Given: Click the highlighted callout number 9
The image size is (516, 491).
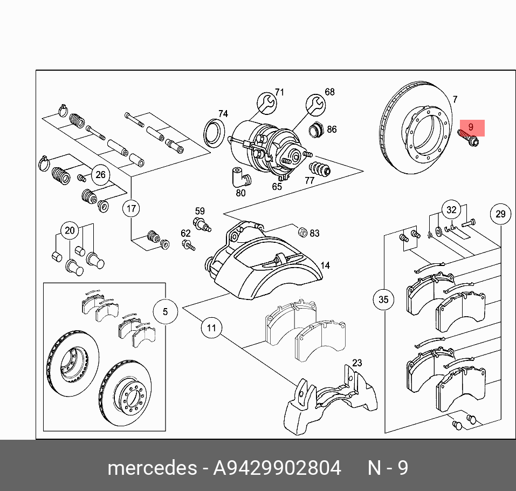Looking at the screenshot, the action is (471, 128).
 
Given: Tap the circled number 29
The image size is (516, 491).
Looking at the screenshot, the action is (500, 214).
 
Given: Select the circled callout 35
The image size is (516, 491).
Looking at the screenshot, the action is (383, 299).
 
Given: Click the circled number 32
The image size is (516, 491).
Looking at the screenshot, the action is (451, 209).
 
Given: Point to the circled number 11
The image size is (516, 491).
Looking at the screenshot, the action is (211, 328).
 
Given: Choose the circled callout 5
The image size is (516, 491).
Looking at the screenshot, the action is (165, 311).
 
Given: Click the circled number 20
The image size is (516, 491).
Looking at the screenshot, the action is (70, 231).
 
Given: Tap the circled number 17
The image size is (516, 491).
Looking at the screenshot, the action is (131, 208).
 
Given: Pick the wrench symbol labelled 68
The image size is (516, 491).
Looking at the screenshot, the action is (315, 103).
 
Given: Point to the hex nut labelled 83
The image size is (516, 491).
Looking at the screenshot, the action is (302, 233).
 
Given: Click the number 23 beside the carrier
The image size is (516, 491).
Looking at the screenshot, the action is (357, 363).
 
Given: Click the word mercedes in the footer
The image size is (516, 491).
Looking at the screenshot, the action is (152, 467).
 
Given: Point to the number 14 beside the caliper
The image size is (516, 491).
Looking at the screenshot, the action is (325, 265).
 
